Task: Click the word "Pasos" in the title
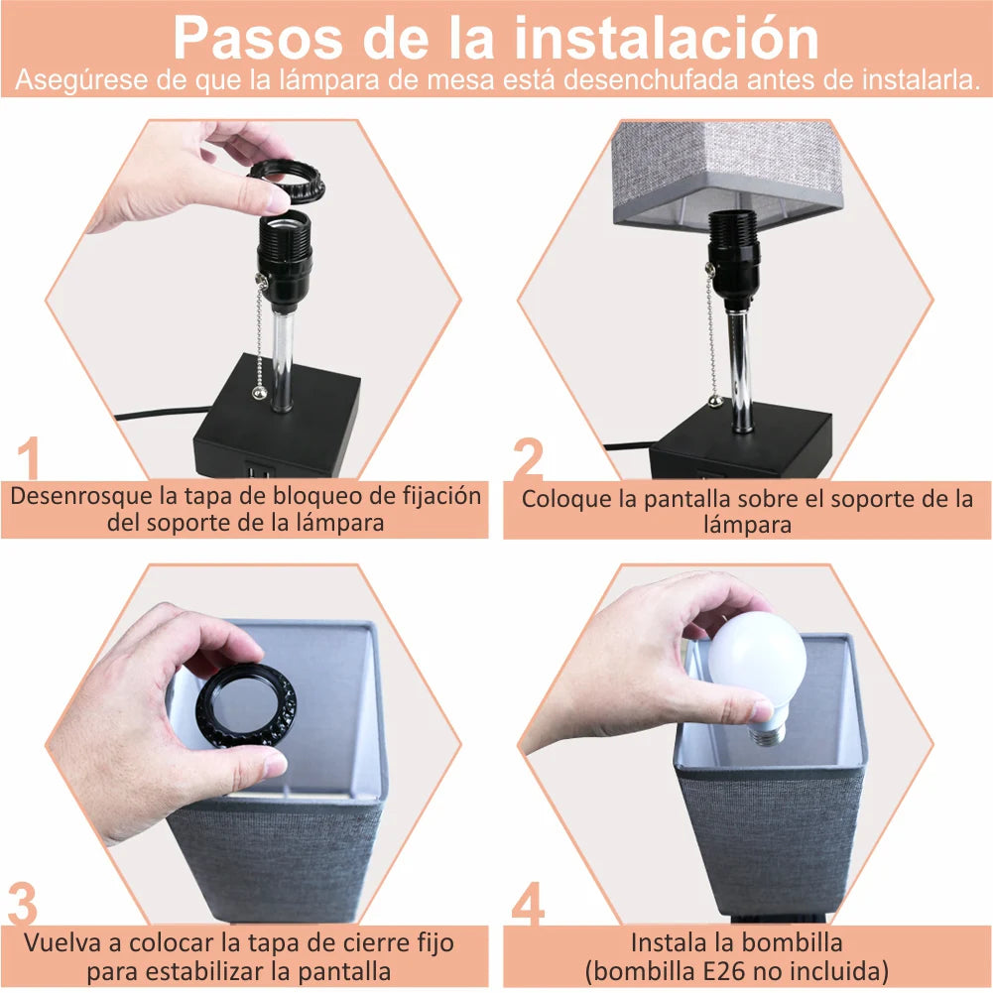(x=258, y=38)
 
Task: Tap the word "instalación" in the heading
(x=667, y=38)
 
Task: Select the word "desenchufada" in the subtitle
(x=651, y=80)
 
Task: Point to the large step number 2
(x=528, y=458)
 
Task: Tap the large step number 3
(x=23, y=903)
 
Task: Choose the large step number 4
(x=528, y=903)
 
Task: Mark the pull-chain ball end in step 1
(x=259, y=393)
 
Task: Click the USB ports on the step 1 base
(x=260, y=473)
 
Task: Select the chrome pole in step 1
(x=283, y=360)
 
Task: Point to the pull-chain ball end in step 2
(x=715, y=400)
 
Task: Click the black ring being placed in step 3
(x=246, y=705)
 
